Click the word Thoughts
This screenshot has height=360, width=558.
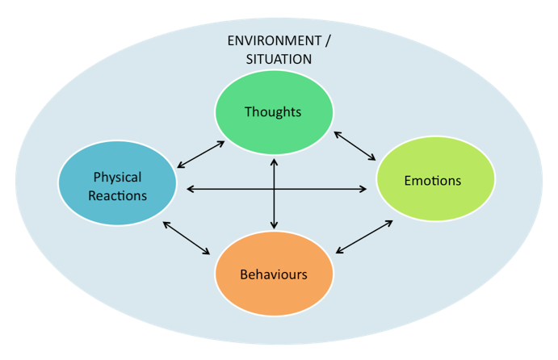point(273,112)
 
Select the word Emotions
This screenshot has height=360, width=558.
point(433,181)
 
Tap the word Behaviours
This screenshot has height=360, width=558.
point(274,274)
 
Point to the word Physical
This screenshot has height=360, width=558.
point(117,178)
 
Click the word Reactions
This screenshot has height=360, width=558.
point(117,195)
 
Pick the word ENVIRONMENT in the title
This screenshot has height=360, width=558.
point(275,41)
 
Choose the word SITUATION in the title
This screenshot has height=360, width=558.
point(279,59)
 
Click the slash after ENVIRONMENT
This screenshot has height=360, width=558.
point(327,41)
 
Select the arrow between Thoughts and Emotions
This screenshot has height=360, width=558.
point(355,146)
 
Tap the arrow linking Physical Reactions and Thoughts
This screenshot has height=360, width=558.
point(201,154)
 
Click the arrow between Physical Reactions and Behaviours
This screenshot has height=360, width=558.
point(186,238)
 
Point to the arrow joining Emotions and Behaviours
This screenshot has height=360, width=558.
point(364,237)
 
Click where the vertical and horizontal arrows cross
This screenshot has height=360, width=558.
point(274,189)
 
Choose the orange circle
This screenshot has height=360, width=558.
point(274,274)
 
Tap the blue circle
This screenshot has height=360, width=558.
point(117,183)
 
